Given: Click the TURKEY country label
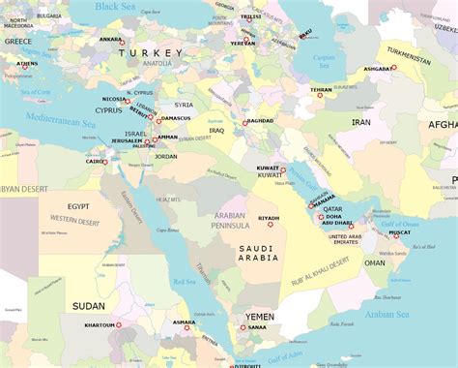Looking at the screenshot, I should coord(150,54).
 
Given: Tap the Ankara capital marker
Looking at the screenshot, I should coord(122,44).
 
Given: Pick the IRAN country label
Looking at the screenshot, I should coord(360,123).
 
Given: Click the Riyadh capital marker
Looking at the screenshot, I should coord(271,224).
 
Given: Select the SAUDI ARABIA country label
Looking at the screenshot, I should coord(258,253).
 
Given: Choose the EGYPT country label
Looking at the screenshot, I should coord(78,206).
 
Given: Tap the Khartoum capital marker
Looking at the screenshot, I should coord(120,325).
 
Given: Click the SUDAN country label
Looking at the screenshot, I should coord(88,306).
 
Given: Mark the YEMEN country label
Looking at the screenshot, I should coord(259,317).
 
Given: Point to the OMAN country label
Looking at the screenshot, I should coord(374,262).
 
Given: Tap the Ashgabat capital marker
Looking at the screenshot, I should coord(393,68).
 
